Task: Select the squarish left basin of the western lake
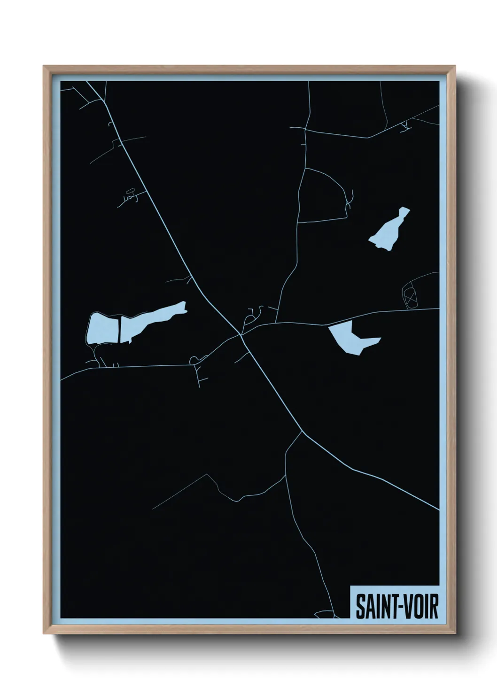pyautogui.click(x=101, y=328)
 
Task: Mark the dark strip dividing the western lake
pyautogui.click(x=119, y=329)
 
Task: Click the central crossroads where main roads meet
pyautogui.click(x=241, y=334)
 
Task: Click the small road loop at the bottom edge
pyautogui.click(x=324, y=613)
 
